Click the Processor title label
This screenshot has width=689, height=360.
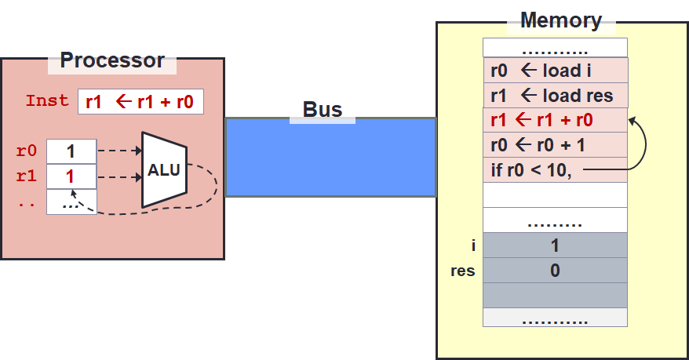point(112,60)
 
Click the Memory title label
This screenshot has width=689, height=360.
point(561,20)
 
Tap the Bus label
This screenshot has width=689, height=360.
point(323,109)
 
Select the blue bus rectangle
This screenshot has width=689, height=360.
point(330,157)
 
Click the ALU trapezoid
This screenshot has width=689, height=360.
point(164,170)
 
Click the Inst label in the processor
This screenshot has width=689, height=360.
point(47,101)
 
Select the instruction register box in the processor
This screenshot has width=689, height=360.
point(140,102)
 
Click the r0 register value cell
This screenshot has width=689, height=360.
point(71,151)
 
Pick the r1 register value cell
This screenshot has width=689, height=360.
point(71,176)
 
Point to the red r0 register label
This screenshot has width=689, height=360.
point(26,151)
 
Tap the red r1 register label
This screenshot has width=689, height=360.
point(26,176)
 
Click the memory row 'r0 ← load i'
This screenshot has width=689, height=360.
point(555,71)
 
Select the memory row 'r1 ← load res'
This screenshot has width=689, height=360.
point(555,96)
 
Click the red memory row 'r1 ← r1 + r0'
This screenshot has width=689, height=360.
point(555,121)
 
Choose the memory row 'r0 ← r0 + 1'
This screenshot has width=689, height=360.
point(555,145)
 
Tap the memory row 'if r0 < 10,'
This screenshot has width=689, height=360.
point(555,169)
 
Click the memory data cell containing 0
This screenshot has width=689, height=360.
point(555,271)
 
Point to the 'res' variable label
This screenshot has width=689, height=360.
point(461,271)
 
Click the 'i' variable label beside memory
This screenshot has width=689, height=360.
point(473,245)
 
